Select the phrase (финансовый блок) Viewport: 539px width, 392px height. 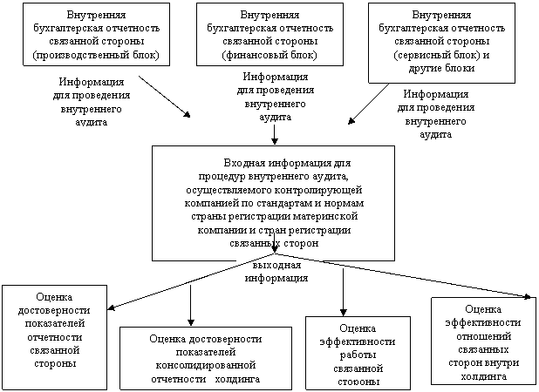[269, 56]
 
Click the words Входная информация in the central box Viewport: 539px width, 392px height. [275, 163]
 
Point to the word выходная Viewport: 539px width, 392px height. [277, 265]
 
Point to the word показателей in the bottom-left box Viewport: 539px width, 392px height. [55, 322]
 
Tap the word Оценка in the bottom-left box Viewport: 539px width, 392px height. [55, 295]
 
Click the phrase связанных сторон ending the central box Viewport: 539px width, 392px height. [275, 244]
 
